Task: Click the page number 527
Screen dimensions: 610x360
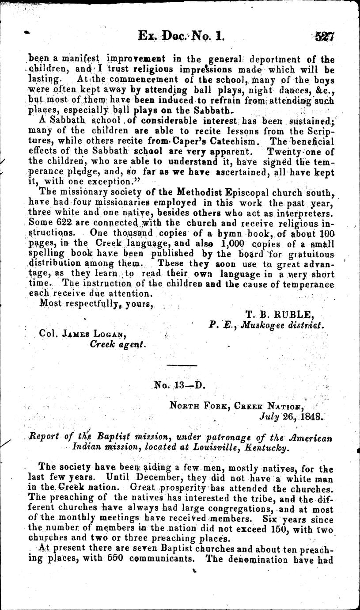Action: tap(325, 36)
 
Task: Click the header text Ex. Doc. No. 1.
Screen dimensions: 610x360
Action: tap(182, 36)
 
